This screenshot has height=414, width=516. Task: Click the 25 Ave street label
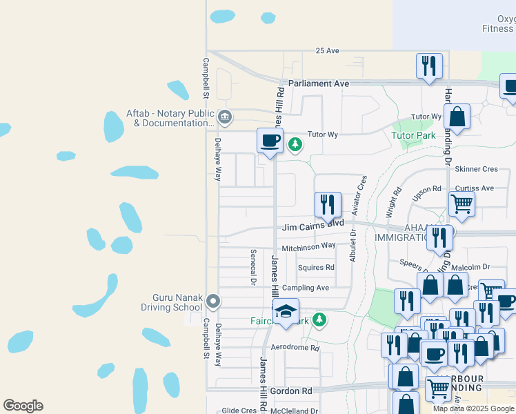pyautogui.click(x=327, y=51)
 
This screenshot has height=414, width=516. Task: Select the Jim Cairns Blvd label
pyautogui.click(x=312, y=226)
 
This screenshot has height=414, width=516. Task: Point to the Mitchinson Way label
pyautogui.click(x=308, y=246)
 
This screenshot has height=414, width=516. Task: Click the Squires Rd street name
pyautogui.click(x=316, y=268)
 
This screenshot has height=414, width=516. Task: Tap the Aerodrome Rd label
pyautogui.click(x=295, y=348)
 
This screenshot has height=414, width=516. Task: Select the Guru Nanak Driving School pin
pyautogui.click(x=213, y=300)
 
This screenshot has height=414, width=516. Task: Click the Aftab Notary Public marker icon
pyautogui.click(x=224, y=118)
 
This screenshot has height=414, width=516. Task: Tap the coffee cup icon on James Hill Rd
pyautogui.click(x=270, y=141)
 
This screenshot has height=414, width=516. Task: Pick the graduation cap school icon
pyautogui.click(x=286, y=311)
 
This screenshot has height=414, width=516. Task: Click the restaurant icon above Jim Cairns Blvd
pyautogui.click(x=328, y=204)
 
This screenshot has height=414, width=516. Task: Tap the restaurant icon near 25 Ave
pyautogui.click(x=429, y=66)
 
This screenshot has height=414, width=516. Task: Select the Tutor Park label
pyautogui.click(x=413, y=135)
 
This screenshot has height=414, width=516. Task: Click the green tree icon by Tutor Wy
pyautogui.click(x=295, y=144)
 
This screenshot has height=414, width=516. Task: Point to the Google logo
pyautogui.click(x=23, y=406)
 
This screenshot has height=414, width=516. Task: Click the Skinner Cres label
pyautogui.click(x=476, y=169)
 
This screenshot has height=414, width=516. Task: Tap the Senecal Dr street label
pyautogui.click(x=253, y=267)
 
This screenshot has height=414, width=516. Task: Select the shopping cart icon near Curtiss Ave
pyautogui.click(x=461, y=204)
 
